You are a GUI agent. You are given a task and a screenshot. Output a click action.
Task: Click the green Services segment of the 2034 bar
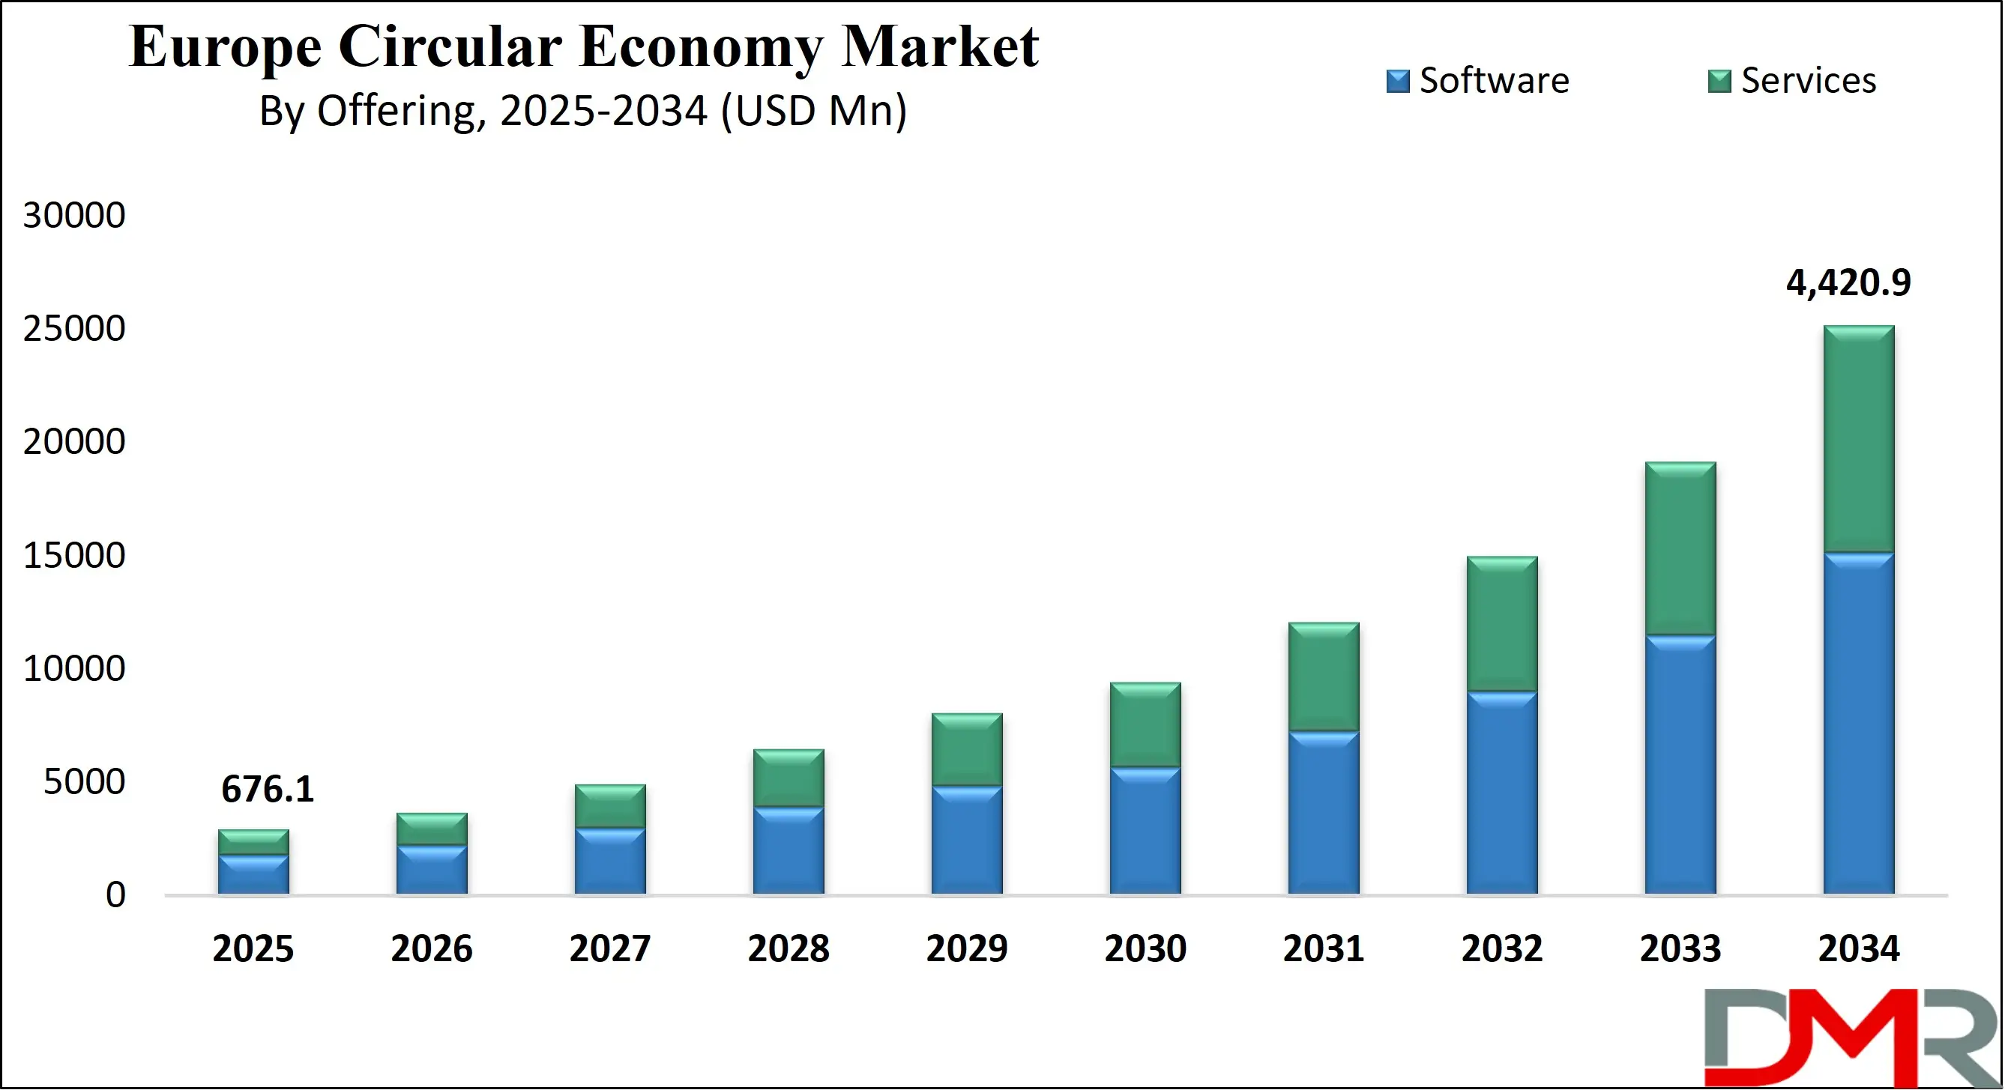(1859, 440)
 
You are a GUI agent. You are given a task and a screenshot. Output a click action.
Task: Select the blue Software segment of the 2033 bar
(1680, 766)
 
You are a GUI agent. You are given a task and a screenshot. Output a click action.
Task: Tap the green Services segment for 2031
(1323, 677)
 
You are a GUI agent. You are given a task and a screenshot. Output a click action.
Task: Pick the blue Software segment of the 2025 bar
(253, 875)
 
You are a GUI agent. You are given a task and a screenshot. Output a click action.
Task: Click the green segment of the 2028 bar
(789, 778)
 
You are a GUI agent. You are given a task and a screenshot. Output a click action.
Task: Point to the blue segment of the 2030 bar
(1145, 831)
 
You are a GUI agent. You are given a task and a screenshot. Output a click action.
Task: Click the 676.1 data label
(267, 789)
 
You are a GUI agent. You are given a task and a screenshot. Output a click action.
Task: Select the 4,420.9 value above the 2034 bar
(1848, 282)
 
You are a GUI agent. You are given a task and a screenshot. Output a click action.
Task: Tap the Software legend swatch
(1398, 81)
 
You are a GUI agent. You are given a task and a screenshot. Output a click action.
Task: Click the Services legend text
(1808, 80)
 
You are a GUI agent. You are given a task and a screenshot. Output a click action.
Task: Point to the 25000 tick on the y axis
(74, 328)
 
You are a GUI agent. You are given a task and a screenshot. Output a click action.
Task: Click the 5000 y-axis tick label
(84, 781)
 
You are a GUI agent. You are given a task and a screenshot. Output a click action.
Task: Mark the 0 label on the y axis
(115, 894)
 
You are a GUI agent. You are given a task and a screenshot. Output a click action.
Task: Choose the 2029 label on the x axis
(967, 948)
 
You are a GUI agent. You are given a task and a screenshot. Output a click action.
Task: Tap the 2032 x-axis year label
(1501, 948)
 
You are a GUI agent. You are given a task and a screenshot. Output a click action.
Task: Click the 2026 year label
(431, 948)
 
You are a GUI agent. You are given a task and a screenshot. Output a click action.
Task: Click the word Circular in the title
(450, 46)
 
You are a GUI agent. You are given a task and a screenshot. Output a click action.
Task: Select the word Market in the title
(939, 46)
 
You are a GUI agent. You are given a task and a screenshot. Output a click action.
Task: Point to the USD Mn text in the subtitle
(813, 110)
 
